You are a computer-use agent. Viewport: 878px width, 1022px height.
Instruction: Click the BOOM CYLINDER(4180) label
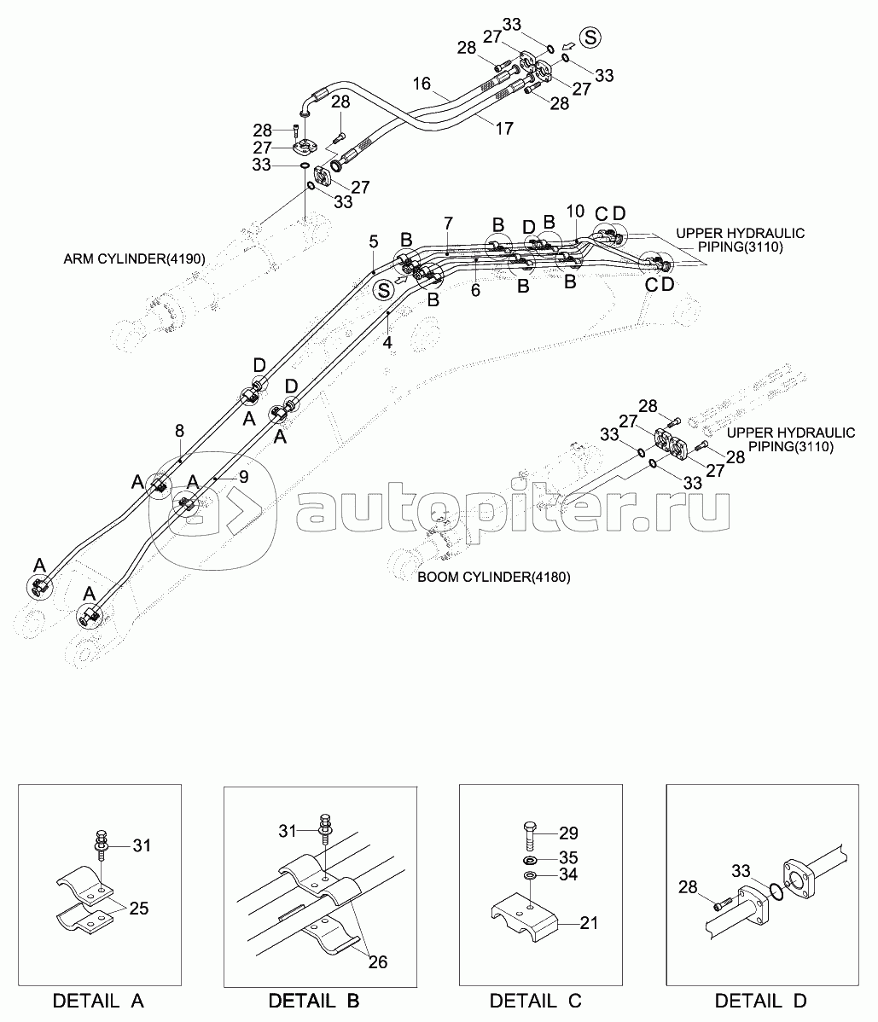pos(493,578)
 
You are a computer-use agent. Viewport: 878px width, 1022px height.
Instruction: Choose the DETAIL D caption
pos(761,1001)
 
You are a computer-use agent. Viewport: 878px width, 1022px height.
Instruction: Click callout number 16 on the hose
pos(422,84)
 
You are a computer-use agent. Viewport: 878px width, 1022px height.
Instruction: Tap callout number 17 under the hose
pos(504,129)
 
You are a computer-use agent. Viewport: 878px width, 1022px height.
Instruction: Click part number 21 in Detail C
pos(589,922)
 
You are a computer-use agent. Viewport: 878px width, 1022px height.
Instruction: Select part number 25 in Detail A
pos(139,909)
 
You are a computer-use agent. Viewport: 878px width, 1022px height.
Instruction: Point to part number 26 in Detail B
pos(377,962)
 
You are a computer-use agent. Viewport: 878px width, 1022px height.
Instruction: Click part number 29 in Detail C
pos(568,833)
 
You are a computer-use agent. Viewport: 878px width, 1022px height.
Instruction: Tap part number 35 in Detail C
pos(568,857)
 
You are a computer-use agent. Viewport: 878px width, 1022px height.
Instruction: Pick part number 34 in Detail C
pos(568,876)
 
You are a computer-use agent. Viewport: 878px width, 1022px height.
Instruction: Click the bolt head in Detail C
pos(529,826)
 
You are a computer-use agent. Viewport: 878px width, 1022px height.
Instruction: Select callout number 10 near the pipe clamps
pos(575,211)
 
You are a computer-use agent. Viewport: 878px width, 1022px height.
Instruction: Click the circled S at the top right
pos(590,37)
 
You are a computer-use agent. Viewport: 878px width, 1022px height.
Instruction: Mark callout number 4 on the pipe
pos(387,343)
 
